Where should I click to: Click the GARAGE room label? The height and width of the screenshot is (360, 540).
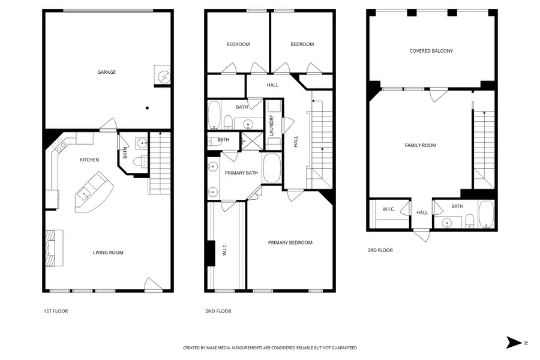pos(107,72)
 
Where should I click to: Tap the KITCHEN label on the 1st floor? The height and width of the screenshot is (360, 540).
pos(89,160)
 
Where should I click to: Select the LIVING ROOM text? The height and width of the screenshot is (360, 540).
pos(108,253)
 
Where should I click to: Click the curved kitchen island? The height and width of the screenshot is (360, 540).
pos(92,192)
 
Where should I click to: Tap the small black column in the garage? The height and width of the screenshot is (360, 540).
pos(146,108)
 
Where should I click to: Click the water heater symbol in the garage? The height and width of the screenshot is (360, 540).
pos(162,76)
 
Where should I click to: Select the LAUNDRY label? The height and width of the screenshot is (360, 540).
pos(272,125)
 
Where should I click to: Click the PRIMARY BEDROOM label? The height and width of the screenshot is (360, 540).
pos(290,242)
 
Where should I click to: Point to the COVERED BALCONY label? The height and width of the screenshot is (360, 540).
pos(431,51)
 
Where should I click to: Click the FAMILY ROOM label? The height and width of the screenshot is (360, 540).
pos(420,145)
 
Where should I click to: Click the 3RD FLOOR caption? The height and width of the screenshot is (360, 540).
pos(380,250)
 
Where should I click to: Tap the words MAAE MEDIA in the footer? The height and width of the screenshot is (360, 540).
pos(217,347)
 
